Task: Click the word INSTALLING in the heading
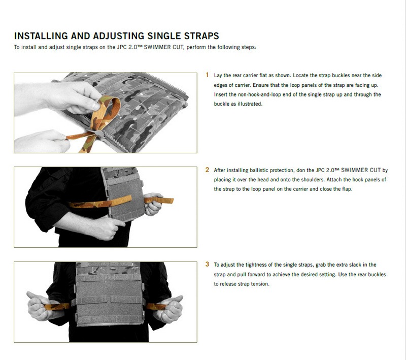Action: pyautogui.click(x=41, y=36)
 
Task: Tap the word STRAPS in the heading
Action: pyautogui.click(x=201, y=36)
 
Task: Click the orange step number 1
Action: pyautogui.click(x=207, y=75)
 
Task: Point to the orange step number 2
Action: pyautogui.click(x=207, y=170)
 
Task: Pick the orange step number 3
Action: pyautogui.click(x=207, y=265)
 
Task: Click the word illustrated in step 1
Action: pyautogui.click(x=250, y=104)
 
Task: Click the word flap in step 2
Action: pyautogui.click(x=347, y=189)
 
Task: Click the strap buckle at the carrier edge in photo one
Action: pyautogui.click(x=98, y=133)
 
